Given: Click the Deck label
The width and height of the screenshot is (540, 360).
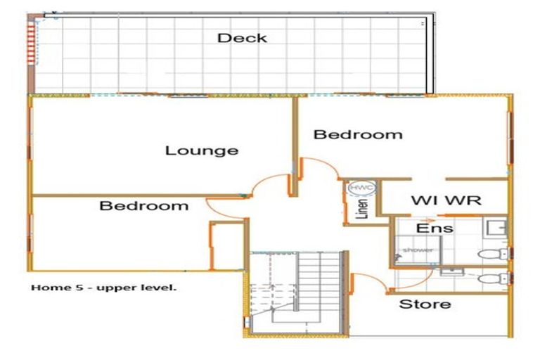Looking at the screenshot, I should (x=242, y=38).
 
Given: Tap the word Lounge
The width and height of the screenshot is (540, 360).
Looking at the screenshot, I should (x=202, y=150).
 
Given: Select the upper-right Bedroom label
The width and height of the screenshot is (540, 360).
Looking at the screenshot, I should (x=358, y=134).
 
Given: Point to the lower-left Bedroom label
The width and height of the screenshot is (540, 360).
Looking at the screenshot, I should (x=143, y=206).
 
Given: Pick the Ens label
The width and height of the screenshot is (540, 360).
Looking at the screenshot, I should (x=435, y=229).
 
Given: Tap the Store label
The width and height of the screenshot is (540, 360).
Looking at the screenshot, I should (x=425, y=304).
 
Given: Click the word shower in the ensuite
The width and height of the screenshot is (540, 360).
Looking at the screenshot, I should (x=418, y=250).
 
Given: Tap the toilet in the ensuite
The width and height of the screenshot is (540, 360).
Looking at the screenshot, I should (x=489, y=253).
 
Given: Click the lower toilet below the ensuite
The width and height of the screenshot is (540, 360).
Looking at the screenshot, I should (x=489, y=278).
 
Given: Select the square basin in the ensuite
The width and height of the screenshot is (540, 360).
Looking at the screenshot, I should (x=497, y=227).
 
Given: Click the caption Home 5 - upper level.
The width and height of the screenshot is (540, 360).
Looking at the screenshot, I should (x=103, y=288).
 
